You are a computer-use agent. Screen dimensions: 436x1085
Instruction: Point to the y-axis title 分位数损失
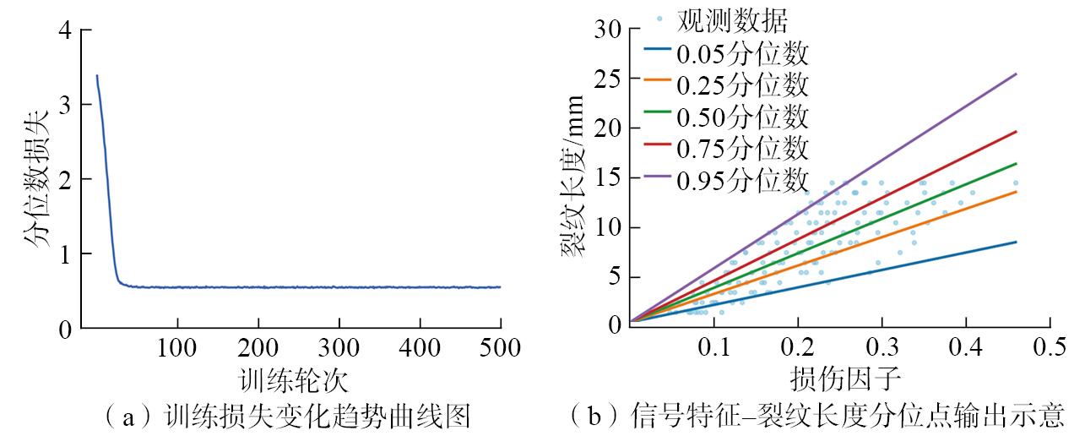(x=38, y=178)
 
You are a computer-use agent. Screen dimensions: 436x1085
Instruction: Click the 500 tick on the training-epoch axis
(x=501, y=347)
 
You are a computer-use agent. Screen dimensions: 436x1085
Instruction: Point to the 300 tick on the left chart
(x=339, y=347)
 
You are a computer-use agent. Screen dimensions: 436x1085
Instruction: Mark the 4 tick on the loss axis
(x=63, y=30)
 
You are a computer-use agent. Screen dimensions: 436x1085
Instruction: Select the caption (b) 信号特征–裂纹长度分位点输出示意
(x=816, y=415)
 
